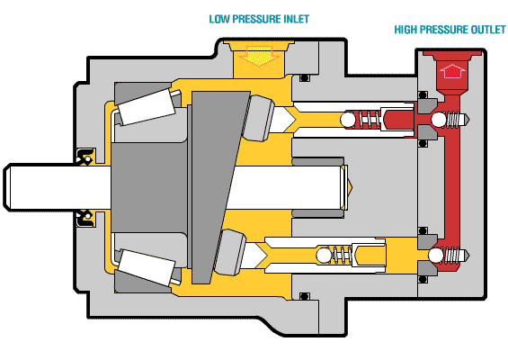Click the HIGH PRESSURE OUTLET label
450,30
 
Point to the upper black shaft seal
85,155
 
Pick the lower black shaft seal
85,216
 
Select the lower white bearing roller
148,262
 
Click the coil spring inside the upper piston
365,120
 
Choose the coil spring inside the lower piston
341,254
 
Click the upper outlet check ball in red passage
438,121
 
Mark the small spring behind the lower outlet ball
458,256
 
